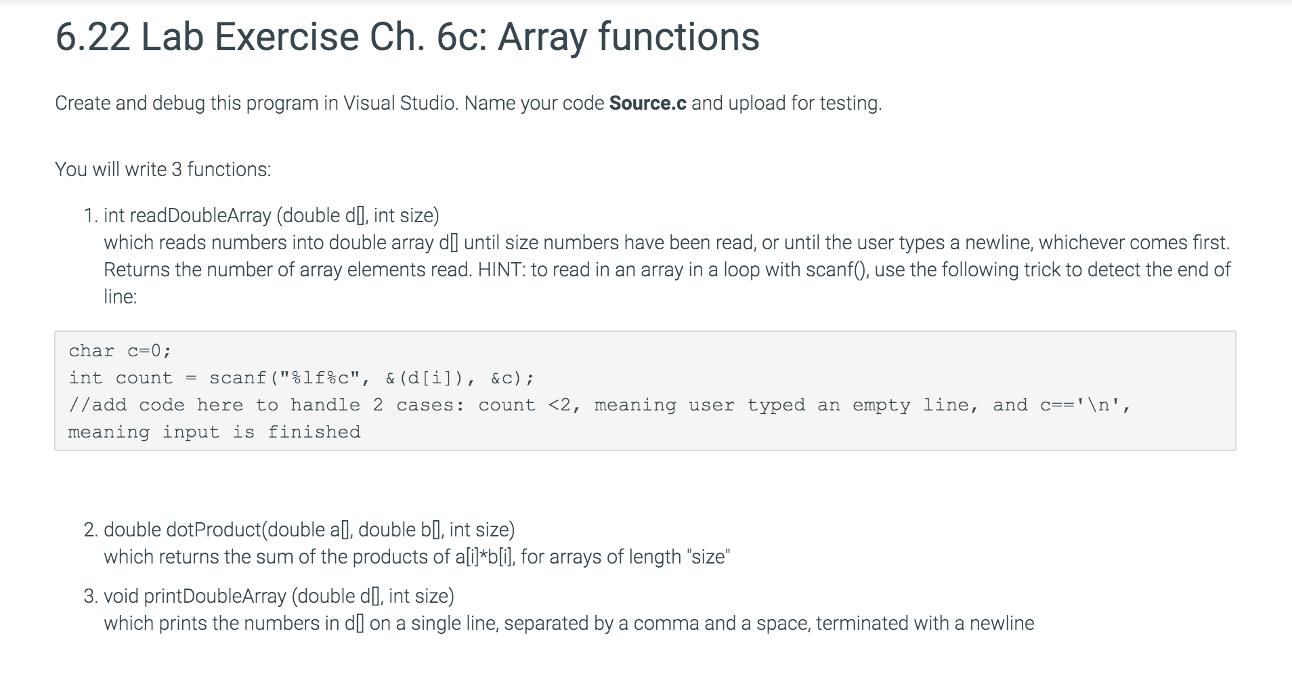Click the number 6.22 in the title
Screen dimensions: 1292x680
point(93,37)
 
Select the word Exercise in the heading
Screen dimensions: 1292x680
point(287,37)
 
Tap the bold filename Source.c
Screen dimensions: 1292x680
point(648,103)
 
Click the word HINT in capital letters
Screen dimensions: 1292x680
point(500,270)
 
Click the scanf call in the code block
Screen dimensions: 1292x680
point(238,378)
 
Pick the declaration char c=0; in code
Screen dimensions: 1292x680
point(120,351)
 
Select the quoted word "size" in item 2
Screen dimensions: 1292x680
point(708,557)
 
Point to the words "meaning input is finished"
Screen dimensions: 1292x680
point(214,432)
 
